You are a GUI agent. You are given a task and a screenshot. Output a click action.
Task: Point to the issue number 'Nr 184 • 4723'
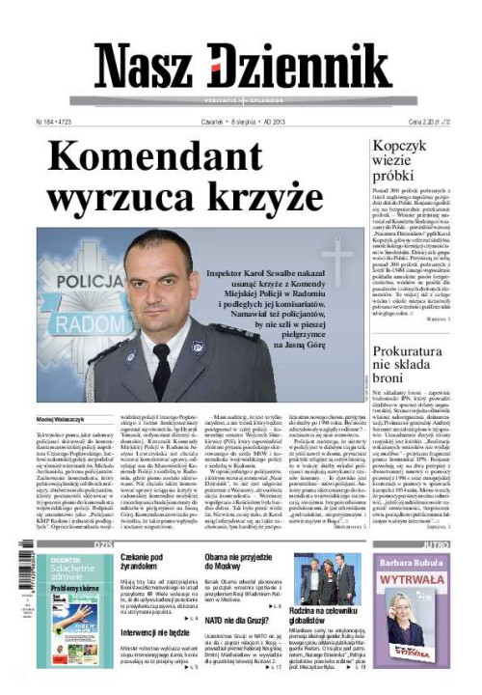(x=57, y=123)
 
